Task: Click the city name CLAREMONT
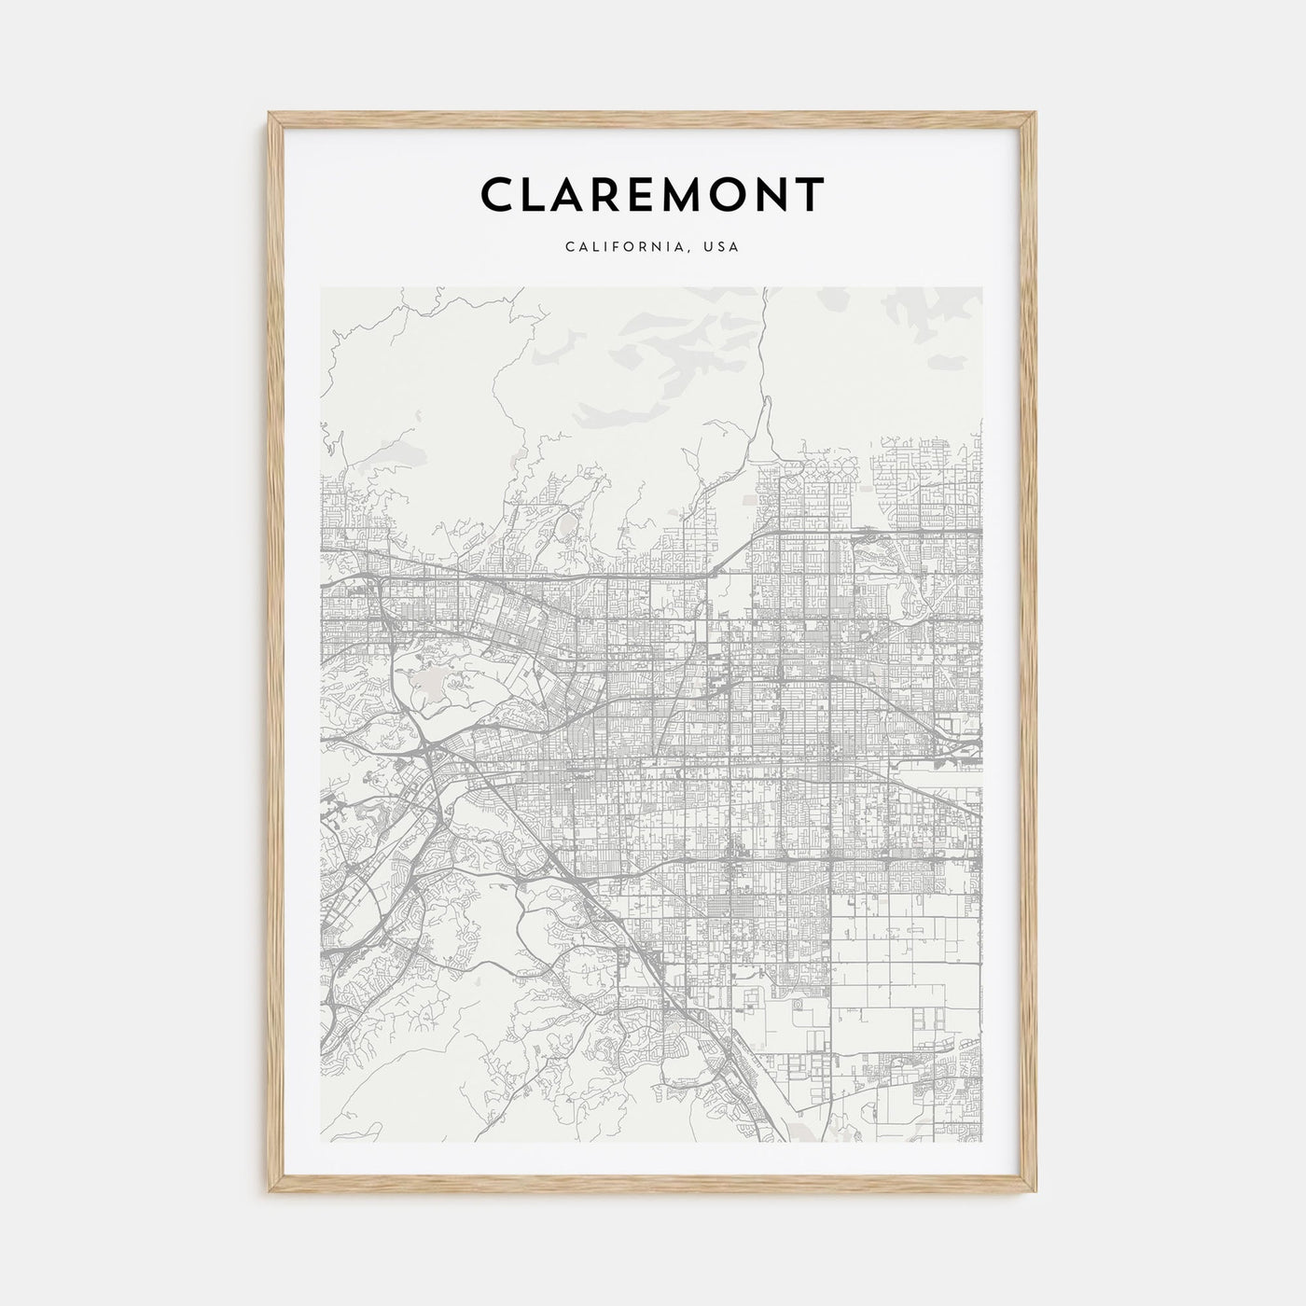(652, 194)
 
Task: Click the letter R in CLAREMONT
(604, 194)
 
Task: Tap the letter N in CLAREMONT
(773, 194)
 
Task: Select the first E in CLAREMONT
(643, 194)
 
